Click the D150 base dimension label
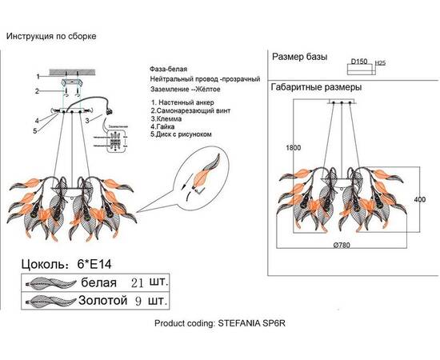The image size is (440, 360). [x=359, y=62]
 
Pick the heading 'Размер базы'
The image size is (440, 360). [x=301, y=58]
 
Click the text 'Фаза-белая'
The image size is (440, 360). [x=166, y=70]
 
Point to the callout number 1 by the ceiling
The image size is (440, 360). [x=36, y=76]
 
